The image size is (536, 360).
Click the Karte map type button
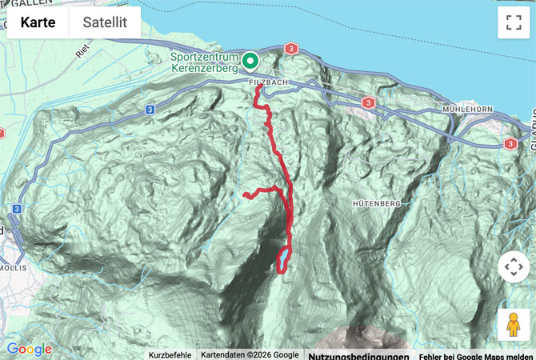pyautogui.click(x=38, y=22)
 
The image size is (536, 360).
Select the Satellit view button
pyautogui.click(x=106, y=22)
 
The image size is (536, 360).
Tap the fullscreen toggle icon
pyautogui.click(x=513, y=23)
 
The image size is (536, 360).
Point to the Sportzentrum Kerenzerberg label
pyautogui.click(x=204, y=63)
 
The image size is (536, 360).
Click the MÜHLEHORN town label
pyautogui.click(x=470, y=108)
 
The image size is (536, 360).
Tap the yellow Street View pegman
pyautogui.click(x=513, y=325)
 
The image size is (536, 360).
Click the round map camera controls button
pyautogui.click(x=513, y=266)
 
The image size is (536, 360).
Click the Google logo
pyautogui.click(x=29, y=349)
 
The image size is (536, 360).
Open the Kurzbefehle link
pyautogui.click(x=170, y=355)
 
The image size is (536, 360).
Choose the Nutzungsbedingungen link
pyautogui.click(x=358, y=355)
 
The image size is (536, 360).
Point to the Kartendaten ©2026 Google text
pyautogui.click(x=250, y=355)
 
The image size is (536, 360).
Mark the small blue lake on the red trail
pyautogui.click(x=283, y=258)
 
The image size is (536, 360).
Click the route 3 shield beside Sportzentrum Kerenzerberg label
pyautogui.click(x=290, y=50)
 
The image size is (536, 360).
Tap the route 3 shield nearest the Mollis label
pyautogui.click(x=16, y=209)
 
